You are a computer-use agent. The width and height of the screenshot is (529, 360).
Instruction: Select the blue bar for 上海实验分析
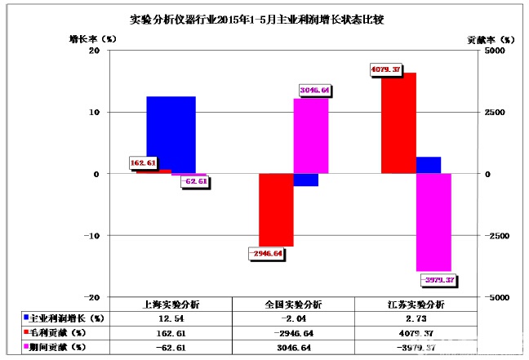(x=171, y=135)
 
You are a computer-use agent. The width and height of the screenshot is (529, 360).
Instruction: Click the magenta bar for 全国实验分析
(x=311, y=136)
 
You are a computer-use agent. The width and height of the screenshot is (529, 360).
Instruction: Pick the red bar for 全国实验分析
(x=276, y=209)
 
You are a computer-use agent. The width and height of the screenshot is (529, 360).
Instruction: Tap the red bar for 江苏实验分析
(x=398, y=122)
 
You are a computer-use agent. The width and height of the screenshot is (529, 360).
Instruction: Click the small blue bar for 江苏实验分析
(x=429, y=165)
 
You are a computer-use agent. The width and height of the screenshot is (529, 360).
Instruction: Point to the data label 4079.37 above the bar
(x=385, y=69)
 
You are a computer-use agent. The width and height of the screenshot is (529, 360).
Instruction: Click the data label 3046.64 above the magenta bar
(x=313, y=90)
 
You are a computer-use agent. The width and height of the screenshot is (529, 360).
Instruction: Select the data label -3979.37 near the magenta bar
(x=438, y=280)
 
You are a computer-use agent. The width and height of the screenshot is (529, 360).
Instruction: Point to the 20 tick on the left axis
(x=94, y=51)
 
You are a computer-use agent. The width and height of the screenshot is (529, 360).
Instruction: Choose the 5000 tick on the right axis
(x=475, y=51)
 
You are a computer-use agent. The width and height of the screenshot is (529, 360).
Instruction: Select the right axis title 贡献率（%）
(x=491, y=38)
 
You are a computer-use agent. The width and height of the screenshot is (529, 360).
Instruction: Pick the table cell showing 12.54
(x=171, y=318)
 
